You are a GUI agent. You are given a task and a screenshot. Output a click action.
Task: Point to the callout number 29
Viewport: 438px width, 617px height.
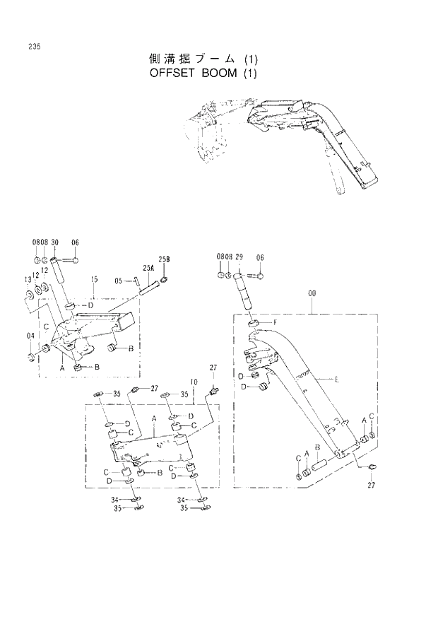coord(239,257)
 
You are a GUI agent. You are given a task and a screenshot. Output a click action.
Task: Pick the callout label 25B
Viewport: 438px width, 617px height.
coord(164,260)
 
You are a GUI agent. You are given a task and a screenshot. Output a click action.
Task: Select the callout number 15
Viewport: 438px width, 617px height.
coord(94,280)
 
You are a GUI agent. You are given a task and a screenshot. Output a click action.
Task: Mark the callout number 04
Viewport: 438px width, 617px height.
coord(30,335)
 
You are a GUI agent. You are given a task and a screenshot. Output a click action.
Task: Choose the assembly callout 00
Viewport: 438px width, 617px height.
coord(312,293)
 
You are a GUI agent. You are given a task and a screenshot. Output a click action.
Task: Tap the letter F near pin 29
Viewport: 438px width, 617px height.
coord(274,322)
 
